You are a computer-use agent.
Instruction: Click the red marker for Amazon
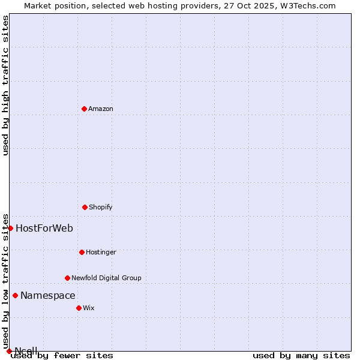(84, 109)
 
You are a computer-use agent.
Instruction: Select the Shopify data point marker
(85, 207)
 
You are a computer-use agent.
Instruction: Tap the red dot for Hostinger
(82, 252)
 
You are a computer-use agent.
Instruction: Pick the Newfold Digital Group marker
(67, 278)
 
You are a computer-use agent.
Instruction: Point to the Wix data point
(79, 308)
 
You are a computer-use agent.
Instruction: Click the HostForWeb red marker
(10, 228)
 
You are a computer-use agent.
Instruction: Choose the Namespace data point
(15, 295)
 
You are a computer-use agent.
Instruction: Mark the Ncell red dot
(9, 351)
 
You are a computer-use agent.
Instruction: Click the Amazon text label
(101, 109)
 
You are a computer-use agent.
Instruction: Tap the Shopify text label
(101, 207)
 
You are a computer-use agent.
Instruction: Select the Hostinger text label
(101, 252)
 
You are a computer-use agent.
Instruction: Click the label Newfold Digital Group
(107, 278)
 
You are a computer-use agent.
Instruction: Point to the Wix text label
(89, 308)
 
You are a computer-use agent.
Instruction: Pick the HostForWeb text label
(44, 228)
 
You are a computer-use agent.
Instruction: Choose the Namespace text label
(48, 295)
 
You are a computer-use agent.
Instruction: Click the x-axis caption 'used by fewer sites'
(62, 355)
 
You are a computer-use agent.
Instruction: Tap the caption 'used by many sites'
(301, 355)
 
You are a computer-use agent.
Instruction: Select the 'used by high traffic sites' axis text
(5, 85)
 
